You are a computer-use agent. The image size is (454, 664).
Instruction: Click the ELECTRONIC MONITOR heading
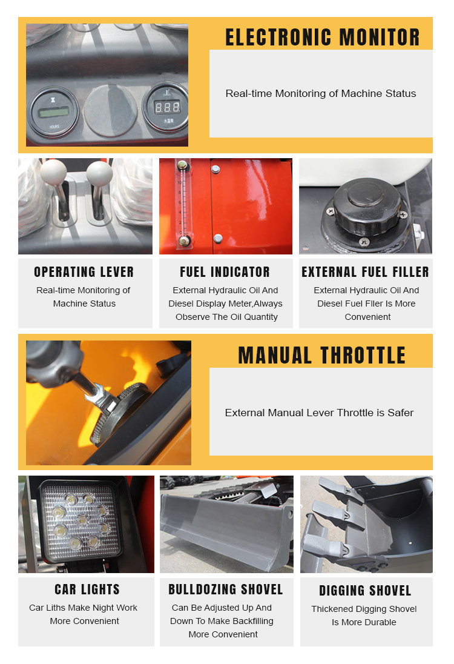322,38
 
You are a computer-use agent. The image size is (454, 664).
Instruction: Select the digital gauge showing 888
165,108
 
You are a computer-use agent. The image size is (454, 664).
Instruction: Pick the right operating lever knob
99,174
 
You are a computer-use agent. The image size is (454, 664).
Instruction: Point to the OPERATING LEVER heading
84,272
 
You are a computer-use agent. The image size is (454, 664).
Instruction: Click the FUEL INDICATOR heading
225,272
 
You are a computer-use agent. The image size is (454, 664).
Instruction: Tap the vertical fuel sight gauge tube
180,203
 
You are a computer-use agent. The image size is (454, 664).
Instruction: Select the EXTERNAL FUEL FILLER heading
366,272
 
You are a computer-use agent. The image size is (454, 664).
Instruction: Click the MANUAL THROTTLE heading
322,356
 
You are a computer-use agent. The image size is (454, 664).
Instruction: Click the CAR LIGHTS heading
87,589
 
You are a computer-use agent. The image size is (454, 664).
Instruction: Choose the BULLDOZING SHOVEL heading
226,589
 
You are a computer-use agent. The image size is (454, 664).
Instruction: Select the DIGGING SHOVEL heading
366,591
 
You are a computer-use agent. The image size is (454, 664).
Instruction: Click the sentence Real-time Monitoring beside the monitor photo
321,93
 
